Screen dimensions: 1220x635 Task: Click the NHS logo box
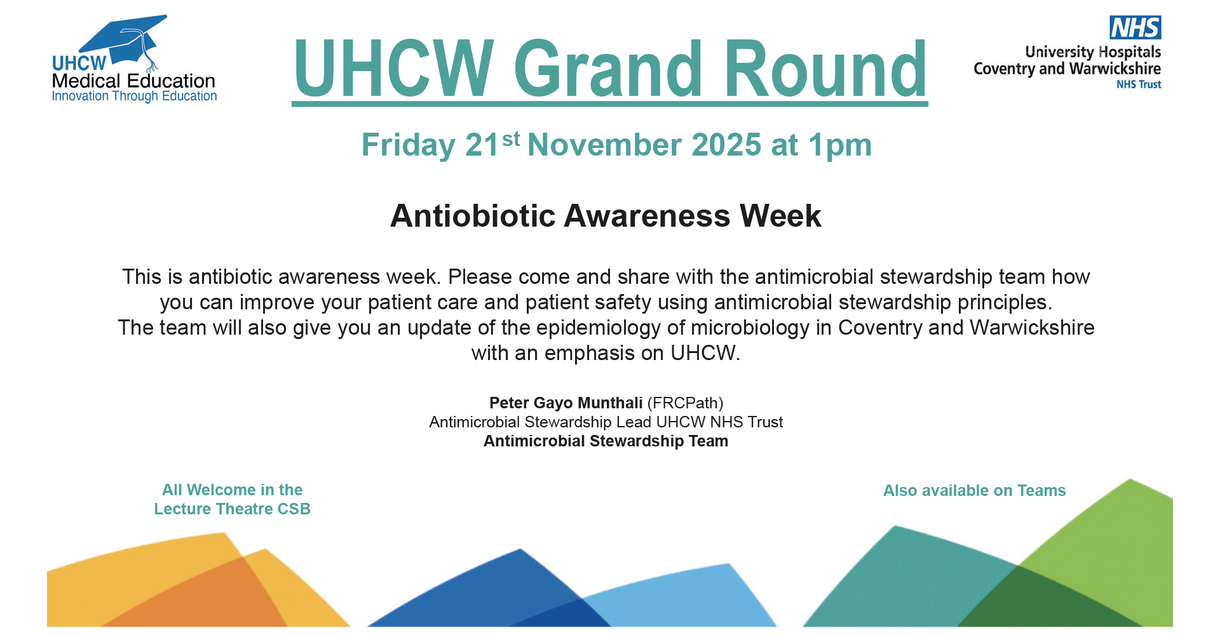1135,27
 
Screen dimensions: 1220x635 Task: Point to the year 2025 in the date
726,145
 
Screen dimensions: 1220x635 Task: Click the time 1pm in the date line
840,146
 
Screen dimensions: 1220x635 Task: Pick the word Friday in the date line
409,146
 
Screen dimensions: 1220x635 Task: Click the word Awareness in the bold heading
647,216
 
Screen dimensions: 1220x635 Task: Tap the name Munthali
610,403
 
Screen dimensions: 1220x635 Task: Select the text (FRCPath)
685,404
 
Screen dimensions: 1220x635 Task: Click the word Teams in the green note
1041,491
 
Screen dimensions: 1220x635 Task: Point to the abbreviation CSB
294,509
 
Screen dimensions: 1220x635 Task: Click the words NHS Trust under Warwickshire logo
1139,84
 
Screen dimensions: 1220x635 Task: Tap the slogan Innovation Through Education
134,97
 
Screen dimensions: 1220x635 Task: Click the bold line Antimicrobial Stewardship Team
606,441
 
